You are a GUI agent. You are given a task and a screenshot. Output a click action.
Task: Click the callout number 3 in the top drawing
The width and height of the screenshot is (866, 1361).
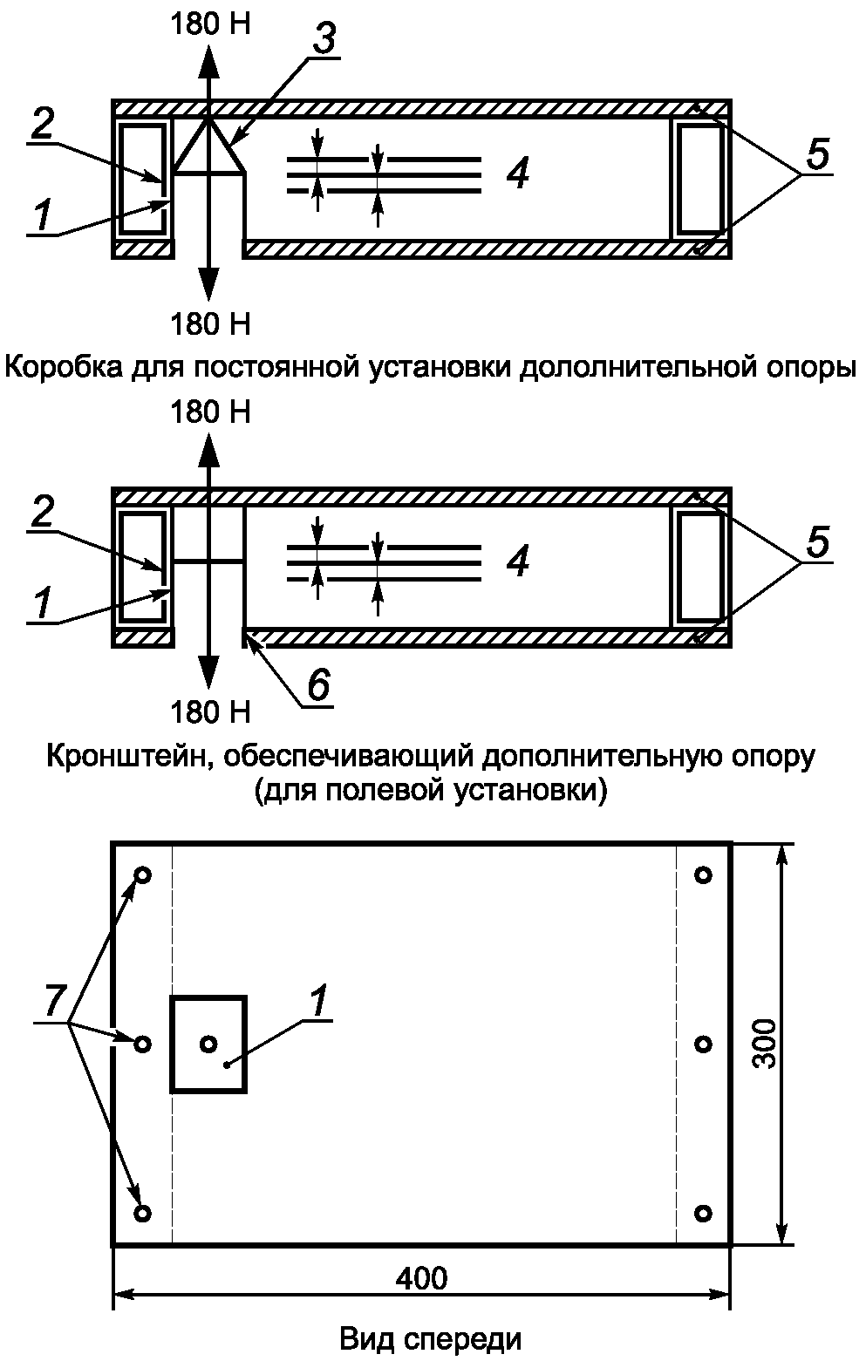(x=324, y=39)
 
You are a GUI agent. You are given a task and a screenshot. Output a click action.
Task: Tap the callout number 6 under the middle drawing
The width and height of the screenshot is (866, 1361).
(x=318, y=684)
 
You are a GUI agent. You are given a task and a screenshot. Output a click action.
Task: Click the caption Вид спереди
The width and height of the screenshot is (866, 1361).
(x=431, y=1339)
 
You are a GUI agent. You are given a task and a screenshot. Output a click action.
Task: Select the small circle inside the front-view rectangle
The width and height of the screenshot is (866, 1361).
(x=208, y=1045)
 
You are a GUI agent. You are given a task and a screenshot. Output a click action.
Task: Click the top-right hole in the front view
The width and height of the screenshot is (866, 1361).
(x=703, y=875)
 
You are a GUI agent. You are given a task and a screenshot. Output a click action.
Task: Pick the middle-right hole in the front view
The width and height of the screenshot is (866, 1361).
(x=703, y=1045)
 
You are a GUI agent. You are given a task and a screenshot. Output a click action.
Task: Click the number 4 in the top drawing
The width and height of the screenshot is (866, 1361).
(x=518, y=174)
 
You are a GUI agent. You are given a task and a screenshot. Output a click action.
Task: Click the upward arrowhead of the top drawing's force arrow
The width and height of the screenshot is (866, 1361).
(x=208, y=61)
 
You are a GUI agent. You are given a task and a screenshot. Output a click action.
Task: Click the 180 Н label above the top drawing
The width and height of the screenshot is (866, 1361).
(x=210, y=24)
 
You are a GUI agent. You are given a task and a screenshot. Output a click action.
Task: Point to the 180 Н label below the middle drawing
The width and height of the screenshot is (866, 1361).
(x=210, y=711)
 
